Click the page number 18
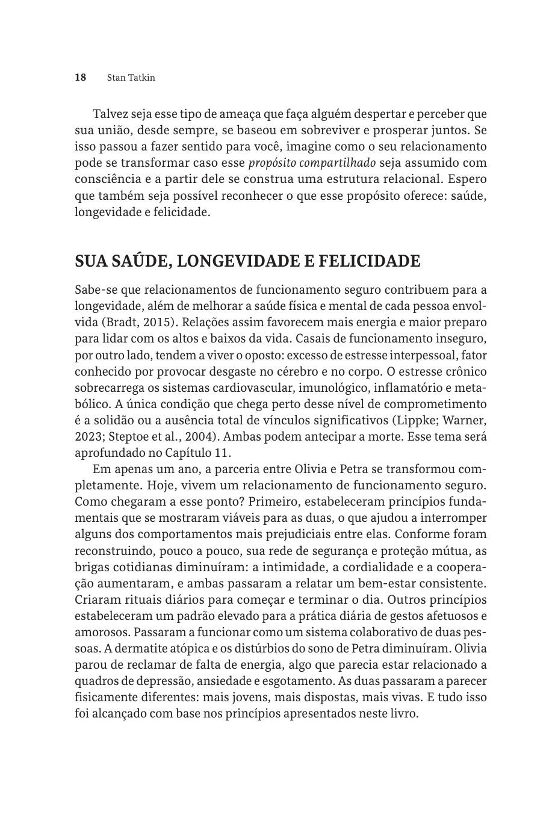81,78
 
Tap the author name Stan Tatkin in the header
131,78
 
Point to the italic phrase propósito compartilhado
312,163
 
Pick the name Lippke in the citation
412,420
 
